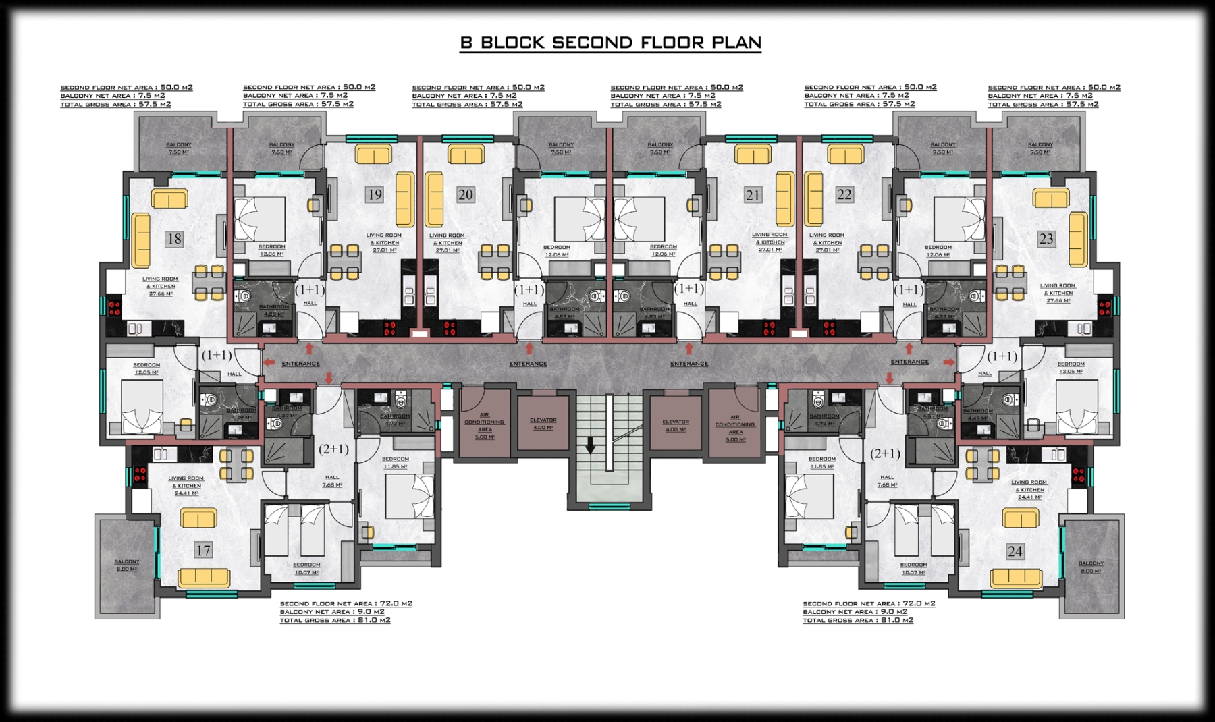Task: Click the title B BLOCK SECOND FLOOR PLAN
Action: [x=610, y=43]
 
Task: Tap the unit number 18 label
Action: [x=174, y=238]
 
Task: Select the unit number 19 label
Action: [x=374, y=195]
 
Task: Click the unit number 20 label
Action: [x=465, y=195]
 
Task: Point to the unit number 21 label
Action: [x=753, y=195]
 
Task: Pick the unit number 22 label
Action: [x=844, y=194]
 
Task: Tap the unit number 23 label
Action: [x=1046, y=238]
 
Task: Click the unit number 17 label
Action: [x=203, y=551]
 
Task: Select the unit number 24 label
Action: [x=1015, y=551]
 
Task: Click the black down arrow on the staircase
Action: [x=590, y=445]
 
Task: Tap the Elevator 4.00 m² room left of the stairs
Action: [x=543, y=424]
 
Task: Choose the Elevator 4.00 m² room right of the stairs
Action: [x=676, y=425]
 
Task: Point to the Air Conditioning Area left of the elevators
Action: [x=485, y=426]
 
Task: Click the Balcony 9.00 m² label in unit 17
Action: [x=126, y=565]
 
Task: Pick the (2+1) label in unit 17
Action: [x=333, y=449]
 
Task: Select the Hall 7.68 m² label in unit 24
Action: [x=887, y=481]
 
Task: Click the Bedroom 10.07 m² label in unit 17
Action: [x=306, y=569]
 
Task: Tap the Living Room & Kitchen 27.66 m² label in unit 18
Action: [x=160, y=286]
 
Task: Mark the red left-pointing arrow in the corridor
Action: [x=269, y=363]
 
